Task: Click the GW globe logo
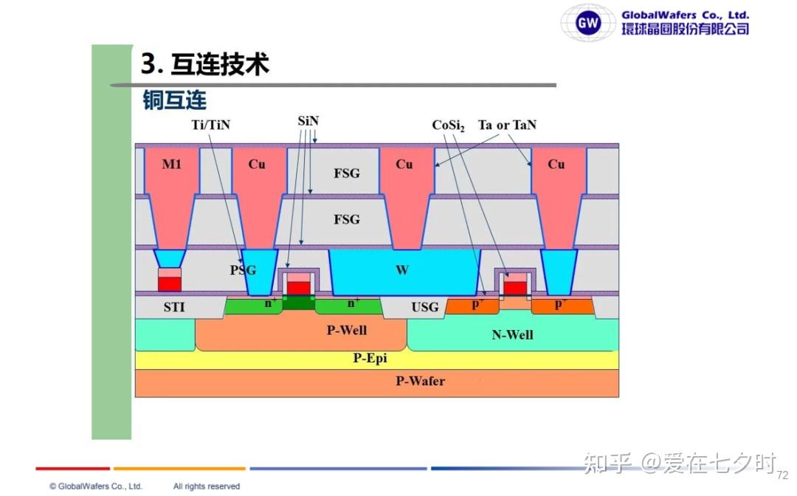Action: pyautogui.click(x=587, y=22)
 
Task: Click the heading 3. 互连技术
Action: pyautogui.click(x=205, y=64)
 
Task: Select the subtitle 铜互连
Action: pyautogui.click(x=174, y=100)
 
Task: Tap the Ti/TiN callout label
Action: pyautogui.click(x=210, y=125)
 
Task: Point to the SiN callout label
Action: pyautogui.click(x=308, y=121)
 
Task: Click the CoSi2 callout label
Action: pyautogui.click(x=448, y=125)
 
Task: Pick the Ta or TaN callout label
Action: pyautogui.click(x=507, y=125)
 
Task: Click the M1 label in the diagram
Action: pyautogui.click(x=171, y=164)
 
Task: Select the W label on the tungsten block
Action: pyautogui.click(x=402, y=270)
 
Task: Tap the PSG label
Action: pyautogui.click(x=243, y=270)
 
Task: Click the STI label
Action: pyautogui.click(x=174, y=307)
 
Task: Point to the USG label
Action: pyautogui.click(x=425, y=307)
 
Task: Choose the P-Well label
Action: pyautogui.click(x=347, y=330)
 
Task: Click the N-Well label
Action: pyautogui.click(x=512, y=334)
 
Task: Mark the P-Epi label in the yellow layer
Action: pyautogui.click(x=370, y=358)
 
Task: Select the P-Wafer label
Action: pyautogui.click(x=421, y=381)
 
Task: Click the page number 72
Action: pyautogui.click(x=783, y=475)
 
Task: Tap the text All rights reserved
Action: pyautogui.click(x=207, y=486)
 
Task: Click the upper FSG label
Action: pyautogui.click(x=347, y=173)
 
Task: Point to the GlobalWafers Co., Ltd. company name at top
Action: pyautogui.click(x=685, y=15)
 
